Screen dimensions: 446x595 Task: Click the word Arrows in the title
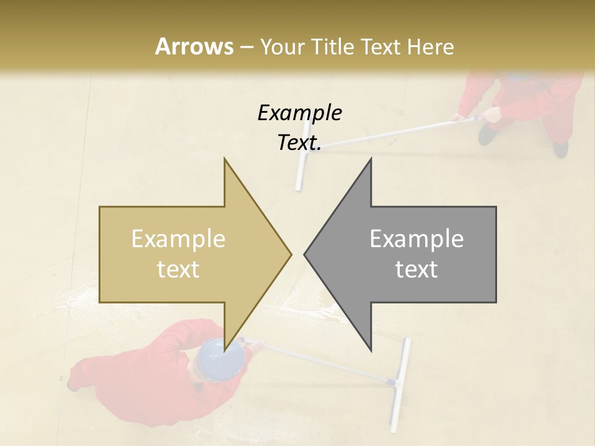tap(193, 46)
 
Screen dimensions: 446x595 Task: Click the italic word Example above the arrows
tap(299, 113)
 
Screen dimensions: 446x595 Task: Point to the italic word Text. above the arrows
tap(299, 143)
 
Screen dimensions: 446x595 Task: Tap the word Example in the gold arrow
tap(178, 239)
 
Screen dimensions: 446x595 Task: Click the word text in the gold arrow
tap(178, 269)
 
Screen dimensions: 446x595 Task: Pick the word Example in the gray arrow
tap(416, 239)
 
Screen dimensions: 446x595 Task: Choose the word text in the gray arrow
tap(416, 269)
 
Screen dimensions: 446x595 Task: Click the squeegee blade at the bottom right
tap(400, 384)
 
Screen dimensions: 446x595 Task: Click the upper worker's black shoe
tap(561, 149)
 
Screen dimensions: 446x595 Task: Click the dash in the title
tap(246, 46)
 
